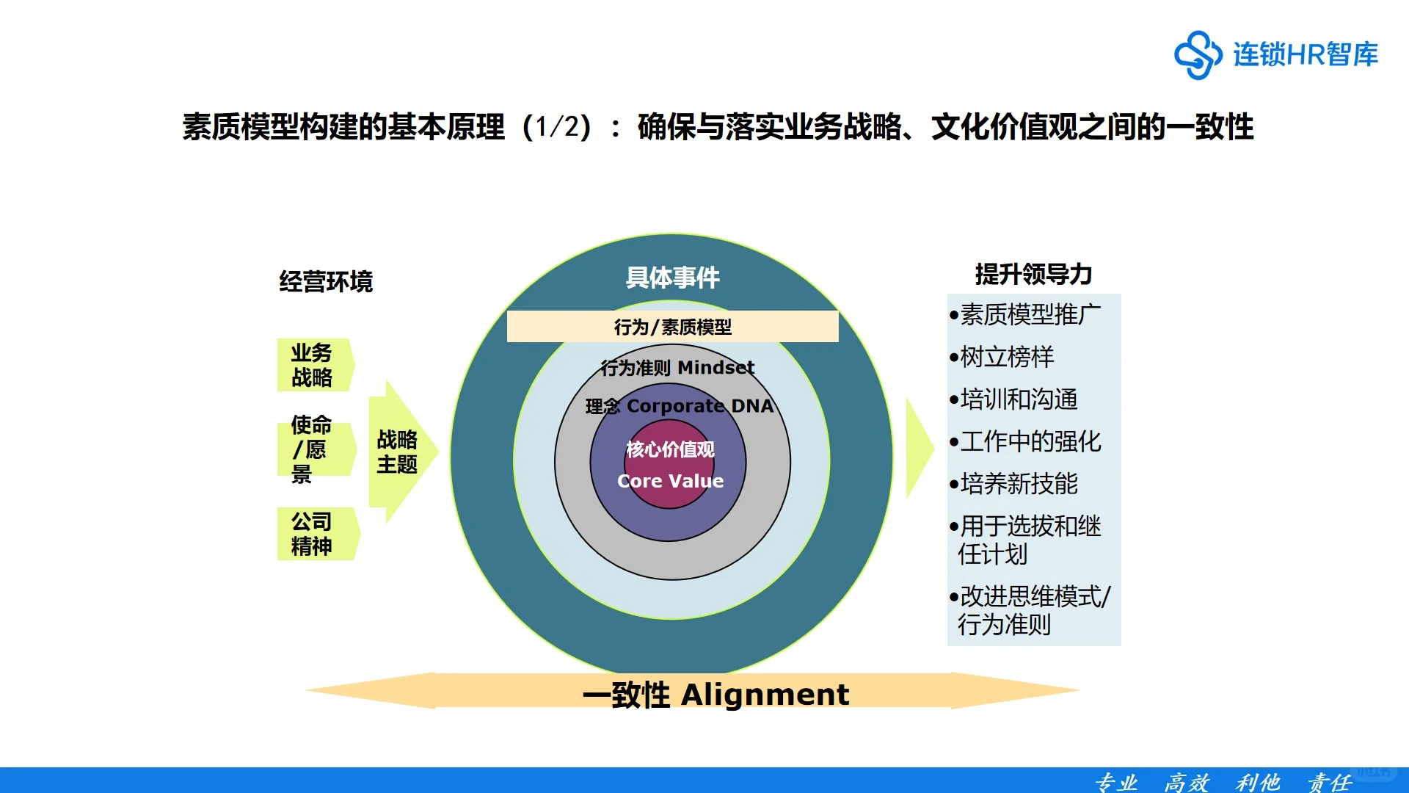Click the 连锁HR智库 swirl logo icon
pyautogui.click(x=1198, y=54)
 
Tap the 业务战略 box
pyautogui.click(x=314, y=365)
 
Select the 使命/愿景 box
pyautogui.click(x=313, y=449)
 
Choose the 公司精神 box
pyautogui.click(x=316, y=534)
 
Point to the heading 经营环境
pyautogui.click(x=326, y=282)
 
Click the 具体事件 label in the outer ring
pyautogui.click(x=672, y=278)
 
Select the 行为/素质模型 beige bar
pyautogui.click(x=672, y=327)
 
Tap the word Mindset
pyautogui.click(x=716, y=367)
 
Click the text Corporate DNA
pyautogui.click(x=699, y=406)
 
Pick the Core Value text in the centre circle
pyautogui.click(x=670, y=481)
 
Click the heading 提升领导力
pyautogui.click(x=1033, y=275)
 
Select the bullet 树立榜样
pyautogui.click(x=1007, y=358)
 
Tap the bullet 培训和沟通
pyautogui.click(x=1019, y=399)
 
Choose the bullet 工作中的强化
pyautogui.click(x=1030, y=441)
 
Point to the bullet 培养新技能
pyautogui.click(x=1019, y=484)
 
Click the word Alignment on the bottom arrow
pyautogui.click(x=765, y=695)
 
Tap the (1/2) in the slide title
pyautogui.click(x=556, y=127)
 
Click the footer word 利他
pyautogui.click(x=1257, y=782)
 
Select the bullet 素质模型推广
pyautogui.click(x=1030, y=315)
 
